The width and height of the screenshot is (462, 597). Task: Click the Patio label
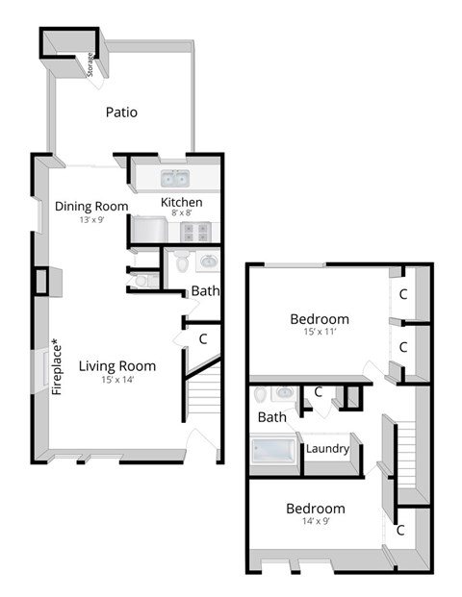(x=121, y=112)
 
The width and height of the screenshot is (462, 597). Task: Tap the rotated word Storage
(x=90, y=64)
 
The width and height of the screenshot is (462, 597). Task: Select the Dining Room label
(x=91, y=206)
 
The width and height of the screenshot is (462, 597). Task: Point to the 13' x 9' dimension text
(x=91, y=219)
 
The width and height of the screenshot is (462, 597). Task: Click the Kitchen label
(x=181, y=202)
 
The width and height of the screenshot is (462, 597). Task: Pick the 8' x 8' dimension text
(x=181, y=213)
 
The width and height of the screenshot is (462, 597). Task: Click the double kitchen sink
(x=175, y=179)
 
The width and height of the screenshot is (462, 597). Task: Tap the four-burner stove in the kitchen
(x=197, y=232)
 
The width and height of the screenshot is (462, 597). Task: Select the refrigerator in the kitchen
(x=149, y=231)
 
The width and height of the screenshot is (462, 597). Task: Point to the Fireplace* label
(x=55, y=366)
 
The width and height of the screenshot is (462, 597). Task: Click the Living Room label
(x=117, y=365)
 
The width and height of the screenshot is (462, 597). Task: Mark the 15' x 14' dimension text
(x=117, y=379)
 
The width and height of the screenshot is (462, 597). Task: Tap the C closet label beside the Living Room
(x=203, y=338)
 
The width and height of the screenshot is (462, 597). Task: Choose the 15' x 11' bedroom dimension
(x=320, y=332)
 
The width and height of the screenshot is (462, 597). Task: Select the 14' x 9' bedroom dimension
(x=315, y=522)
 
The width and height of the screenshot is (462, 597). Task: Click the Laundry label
(x=327, y=448)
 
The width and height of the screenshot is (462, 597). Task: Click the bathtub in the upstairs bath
(x=276, y=450)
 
